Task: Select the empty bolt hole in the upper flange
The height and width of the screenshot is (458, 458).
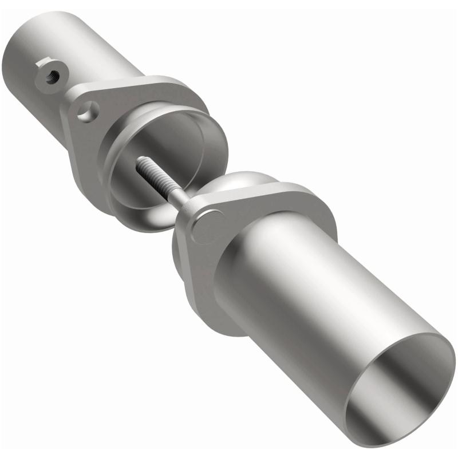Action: [x=87, y=111]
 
